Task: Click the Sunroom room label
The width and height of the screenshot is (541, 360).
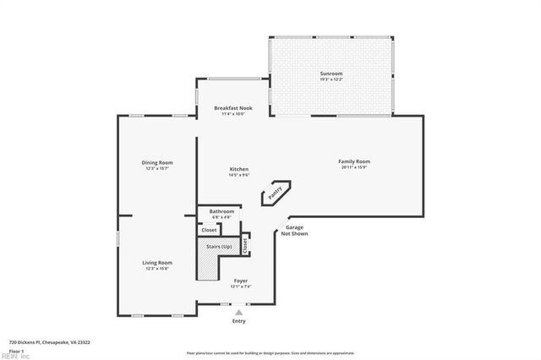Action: [331, 74]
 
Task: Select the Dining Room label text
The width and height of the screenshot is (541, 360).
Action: [157, 162]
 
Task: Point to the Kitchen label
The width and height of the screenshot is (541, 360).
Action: [239, 170]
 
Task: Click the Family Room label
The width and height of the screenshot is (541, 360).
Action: [354, 161]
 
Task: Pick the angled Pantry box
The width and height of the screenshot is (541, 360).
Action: [276, 193]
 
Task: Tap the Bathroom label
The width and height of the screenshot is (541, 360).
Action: [222, 211]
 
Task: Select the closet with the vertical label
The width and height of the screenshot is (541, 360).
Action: [245, 245]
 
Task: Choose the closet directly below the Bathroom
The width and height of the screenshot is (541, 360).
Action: [209, 230]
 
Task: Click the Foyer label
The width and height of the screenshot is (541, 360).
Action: [240, 280]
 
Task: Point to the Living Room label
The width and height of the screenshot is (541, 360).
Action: [157, 263]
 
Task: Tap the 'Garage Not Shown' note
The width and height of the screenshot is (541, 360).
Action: [294, 230]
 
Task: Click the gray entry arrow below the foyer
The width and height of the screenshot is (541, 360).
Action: [238, 313]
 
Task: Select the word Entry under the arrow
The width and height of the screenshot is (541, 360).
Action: [238, 322]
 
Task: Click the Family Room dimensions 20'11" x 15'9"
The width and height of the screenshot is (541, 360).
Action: [354, 167]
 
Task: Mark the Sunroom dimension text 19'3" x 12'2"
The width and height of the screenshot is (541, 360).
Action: [331, 79]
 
